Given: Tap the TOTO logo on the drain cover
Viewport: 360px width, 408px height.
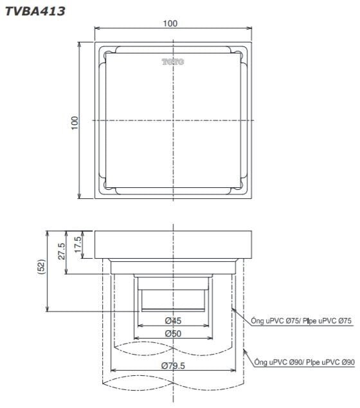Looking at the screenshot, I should pyautogui.click(x=173, y=62).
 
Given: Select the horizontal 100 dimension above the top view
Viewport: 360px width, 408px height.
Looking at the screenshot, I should pyautogui.click(x=170, y=24).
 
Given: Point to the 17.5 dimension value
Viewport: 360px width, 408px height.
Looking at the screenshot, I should pyautogui.click(x=78, y=245).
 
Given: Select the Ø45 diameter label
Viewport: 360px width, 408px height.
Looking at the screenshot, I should pyautogui.click(x=172, y=320).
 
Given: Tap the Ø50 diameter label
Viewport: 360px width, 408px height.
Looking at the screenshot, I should pyautogui.click(x=172, y=333).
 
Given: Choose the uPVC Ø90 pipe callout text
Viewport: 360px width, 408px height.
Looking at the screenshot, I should pyautogui.click(x=303, y=363).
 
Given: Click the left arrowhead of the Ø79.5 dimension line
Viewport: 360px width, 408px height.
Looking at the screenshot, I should pyautogui.click(x=114, y=372).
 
